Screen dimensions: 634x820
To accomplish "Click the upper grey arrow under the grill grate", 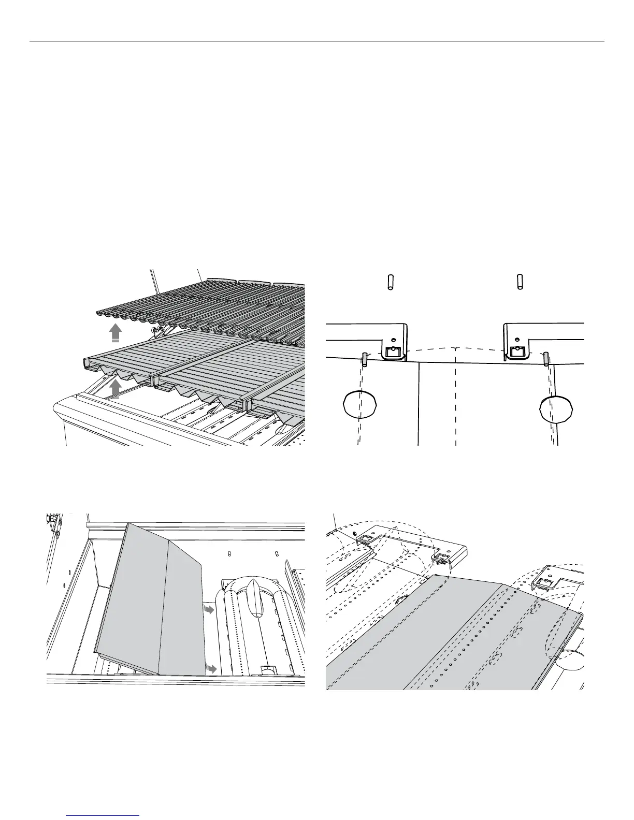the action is click(116, 333).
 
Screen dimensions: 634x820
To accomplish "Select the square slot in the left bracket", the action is click(392, 353).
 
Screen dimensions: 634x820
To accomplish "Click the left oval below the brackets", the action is click(360, 404).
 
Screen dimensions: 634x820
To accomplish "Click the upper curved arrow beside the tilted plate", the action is click(209, 611).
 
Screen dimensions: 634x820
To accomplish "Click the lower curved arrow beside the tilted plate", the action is click(210, 668).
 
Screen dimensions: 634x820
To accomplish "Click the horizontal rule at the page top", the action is click(316, 41).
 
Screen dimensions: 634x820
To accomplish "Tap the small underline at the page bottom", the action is click(103, 815).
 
